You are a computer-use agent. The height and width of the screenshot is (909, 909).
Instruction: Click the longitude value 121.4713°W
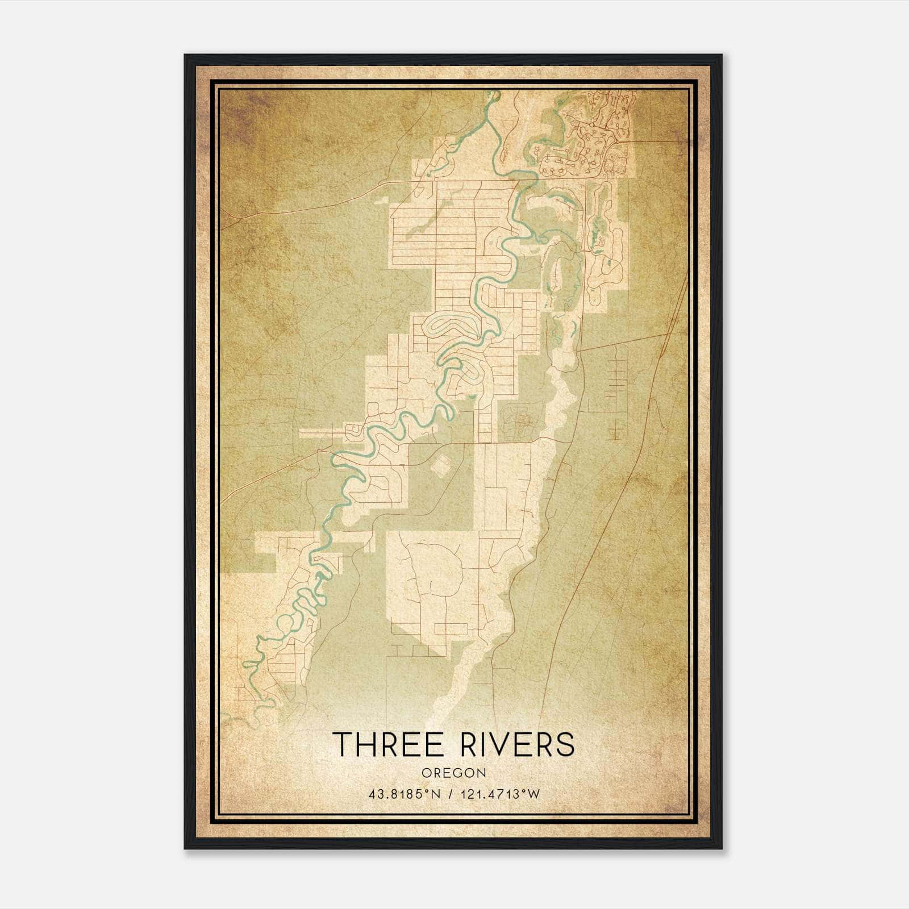[x=499, y=794]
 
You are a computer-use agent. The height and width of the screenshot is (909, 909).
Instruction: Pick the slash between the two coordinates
[x=451, y=794]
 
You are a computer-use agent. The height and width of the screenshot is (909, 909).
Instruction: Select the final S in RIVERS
[x=564, y=744]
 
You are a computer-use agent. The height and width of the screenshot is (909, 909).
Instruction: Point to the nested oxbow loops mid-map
[x=448, y=328]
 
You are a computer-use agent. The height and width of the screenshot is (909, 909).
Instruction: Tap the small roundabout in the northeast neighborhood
[x=591, y=124]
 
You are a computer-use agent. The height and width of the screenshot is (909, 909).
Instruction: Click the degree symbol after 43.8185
[x=422, y=791]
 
